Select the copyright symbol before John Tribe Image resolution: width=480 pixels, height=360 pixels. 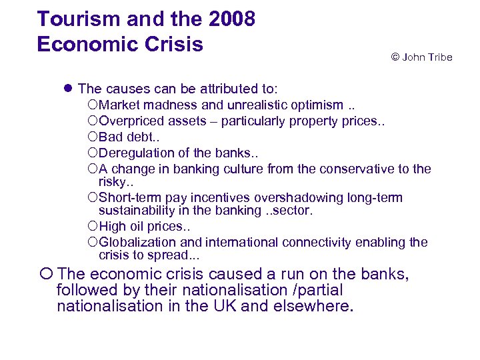coord(395,57)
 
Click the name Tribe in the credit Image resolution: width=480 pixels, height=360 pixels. coord(438,57)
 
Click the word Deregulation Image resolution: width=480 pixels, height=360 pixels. coord(135,153)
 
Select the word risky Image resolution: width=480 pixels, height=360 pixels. coord(111,181)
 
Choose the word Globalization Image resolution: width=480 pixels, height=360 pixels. coord(137,243)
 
